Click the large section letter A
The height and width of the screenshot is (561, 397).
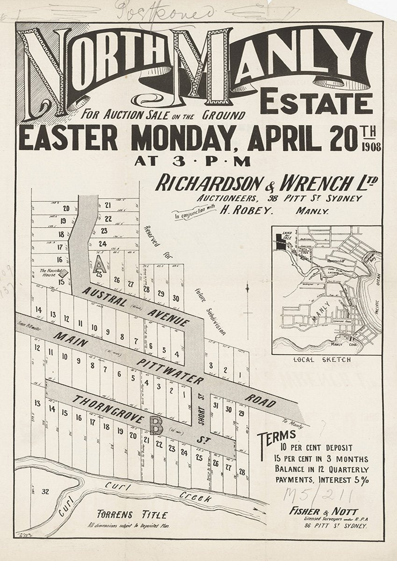(x=99, y=265)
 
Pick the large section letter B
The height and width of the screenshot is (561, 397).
(x=153, y=424)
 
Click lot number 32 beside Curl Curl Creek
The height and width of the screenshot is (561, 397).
(x=45, y=491)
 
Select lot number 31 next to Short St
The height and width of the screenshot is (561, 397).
(x=215, y=406)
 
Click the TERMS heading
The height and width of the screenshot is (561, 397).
(x=277, y=438)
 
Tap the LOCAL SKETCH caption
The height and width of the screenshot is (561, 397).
(x=323, y=360)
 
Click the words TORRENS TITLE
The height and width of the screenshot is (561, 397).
(x=131, y=515)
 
